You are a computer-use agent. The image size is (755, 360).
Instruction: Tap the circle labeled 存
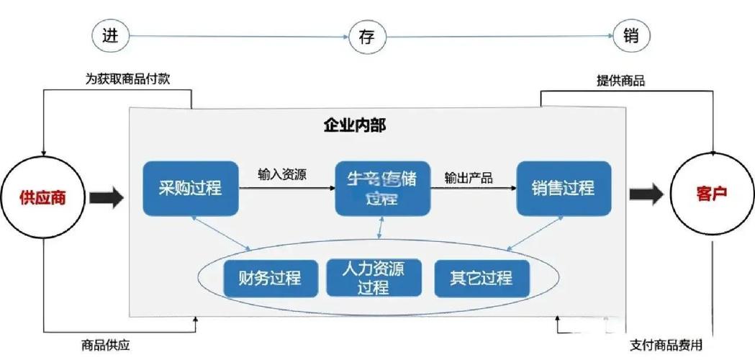point(369,37)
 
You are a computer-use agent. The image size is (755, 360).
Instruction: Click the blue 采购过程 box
point(190,189)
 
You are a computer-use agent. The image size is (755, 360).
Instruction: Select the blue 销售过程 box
point(564,189)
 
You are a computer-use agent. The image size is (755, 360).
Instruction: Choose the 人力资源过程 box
point(374,278)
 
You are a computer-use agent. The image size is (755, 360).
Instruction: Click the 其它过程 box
point(482,278)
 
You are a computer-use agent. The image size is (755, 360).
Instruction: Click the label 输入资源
point(283,174)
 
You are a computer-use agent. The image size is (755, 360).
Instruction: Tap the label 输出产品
point(469,178)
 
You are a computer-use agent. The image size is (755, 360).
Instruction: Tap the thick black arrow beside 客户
point(646,195)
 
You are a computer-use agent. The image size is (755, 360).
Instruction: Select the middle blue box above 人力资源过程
point(382,188)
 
